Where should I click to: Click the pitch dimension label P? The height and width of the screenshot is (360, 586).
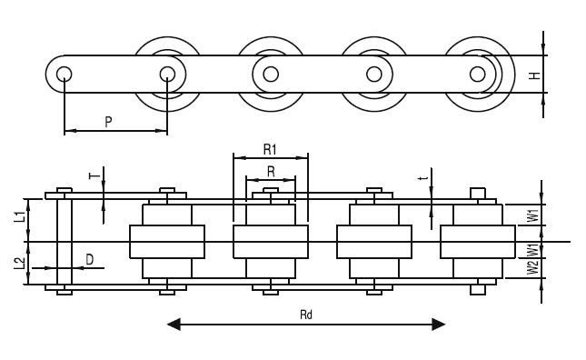(x=108, y=120)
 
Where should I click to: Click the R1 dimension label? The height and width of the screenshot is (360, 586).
(x=270, y=147)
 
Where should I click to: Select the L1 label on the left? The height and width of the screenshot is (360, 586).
(x=19, y=218)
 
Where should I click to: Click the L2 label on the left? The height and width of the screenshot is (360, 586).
(x=19, y=265)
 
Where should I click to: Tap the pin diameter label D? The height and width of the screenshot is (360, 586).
(x=88, y=260)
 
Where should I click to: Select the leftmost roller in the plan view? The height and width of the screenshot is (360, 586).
(x=167, y=242)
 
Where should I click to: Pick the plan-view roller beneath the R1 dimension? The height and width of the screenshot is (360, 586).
(x=271, y=242)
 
